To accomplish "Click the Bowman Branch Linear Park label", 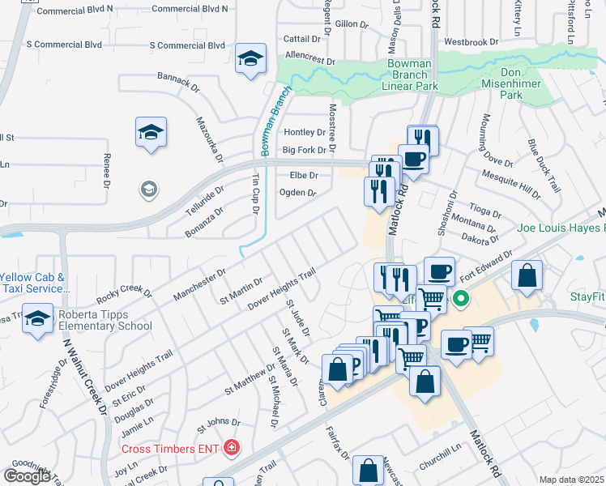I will pos(412,75).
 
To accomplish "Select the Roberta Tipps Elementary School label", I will pos(104,320).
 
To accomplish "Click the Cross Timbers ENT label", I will pos(171,448).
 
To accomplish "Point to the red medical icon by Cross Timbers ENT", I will pos(232,447).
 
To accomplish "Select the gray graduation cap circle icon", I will pos(148,190).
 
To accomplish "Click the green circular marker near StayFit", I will pos(462,299).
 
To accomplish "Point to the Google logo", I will pos(27,475).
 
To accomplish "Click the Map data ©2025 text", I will pos(572,480).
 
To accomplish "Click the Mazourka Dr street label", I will pos(208,139).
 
